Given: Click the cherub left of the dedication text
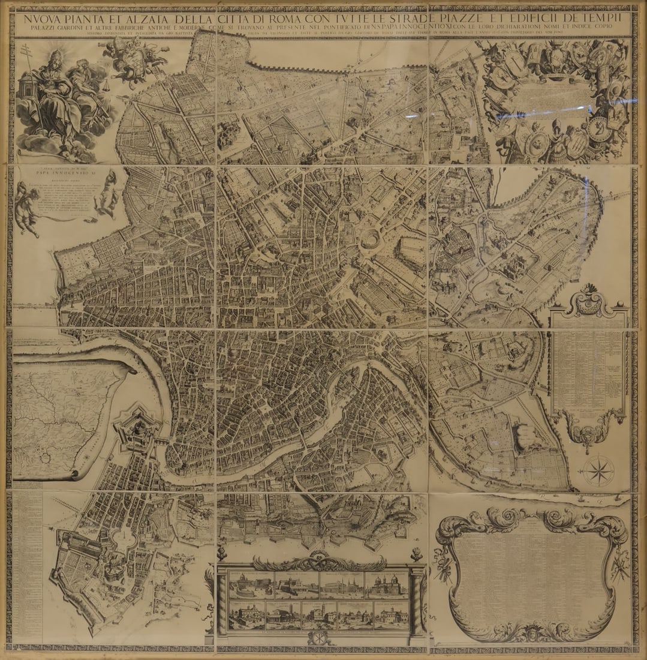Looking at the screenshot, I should click(x=26, y=210).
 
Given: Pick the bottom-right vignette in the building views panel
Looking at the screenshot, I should click(x=390, y=614).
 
